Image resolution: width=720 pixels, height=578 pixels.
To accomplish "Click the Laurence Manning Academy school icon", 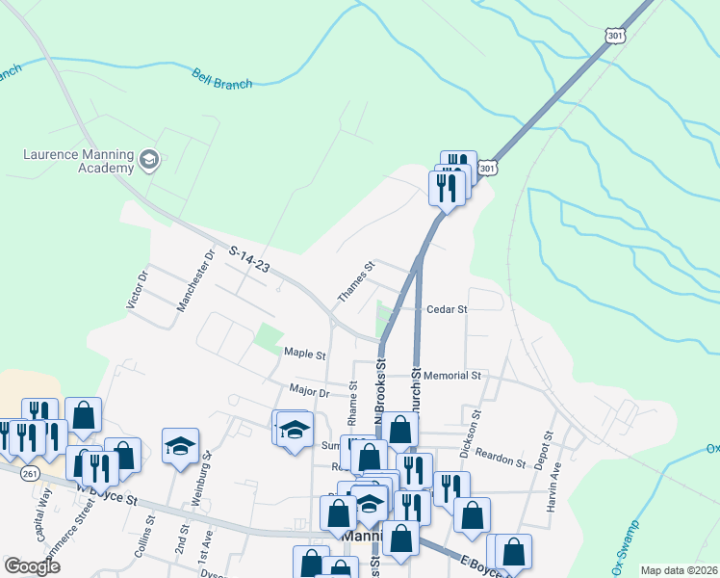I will pyautogui.click(x=148, y=159).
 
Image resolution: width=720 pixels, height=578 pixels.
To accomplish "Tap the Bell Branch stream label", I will pyautogui.click(x=221, y=79).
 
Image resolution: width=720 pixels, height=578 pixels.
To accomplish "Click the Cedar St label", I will pyautogui.click(x=447, y=309).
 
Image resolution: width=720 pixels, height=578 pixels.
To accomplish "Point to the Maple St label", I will pyautogui.click(x=306, y=354).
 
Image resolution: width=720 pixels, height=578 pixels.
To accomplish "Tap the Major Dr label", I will pyautogui.click(x=310, y=391).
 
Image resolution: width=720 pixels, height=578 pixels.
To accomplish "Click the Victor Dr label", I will pyautogui.click(x=138, y=289).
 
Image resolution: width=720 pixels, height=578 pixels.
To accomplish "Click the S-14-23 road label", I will pyautogui.click(x=248, y=260).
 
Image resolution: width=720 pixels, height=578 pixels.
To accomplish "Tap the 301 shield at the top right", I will pyautogui.click(x=615, y=36).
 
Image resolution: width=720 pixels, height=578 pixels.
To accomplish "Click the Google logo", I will pyautogui.click(x=33, y=566).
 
